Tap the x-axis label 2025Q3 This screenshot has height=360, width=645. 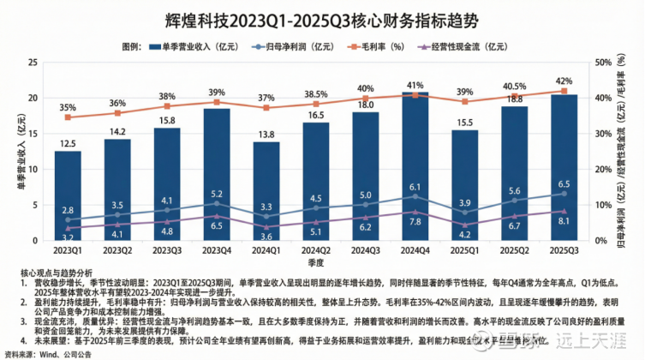(x=563, y=251)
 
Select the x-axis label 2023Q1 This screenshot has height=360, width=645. (x=68, y=251)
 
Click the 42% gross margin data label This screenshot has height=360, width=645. (x=563, y=81)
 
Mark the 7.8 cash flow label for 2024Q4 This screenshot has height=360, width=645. (x=415, y=222)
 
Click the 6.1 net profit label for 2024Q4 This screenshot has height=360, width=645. (x=415, y=187)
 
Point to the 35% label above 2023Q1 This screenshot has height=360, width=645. (x=68, y=107)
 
